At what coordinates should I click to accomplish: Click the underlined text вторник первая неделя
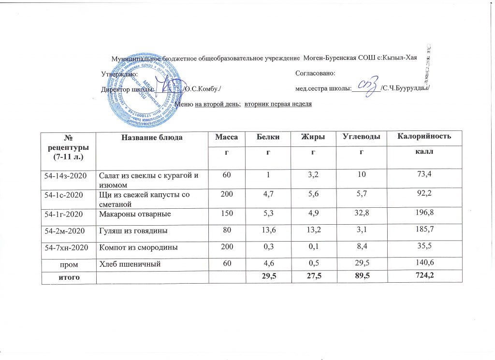278,104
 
